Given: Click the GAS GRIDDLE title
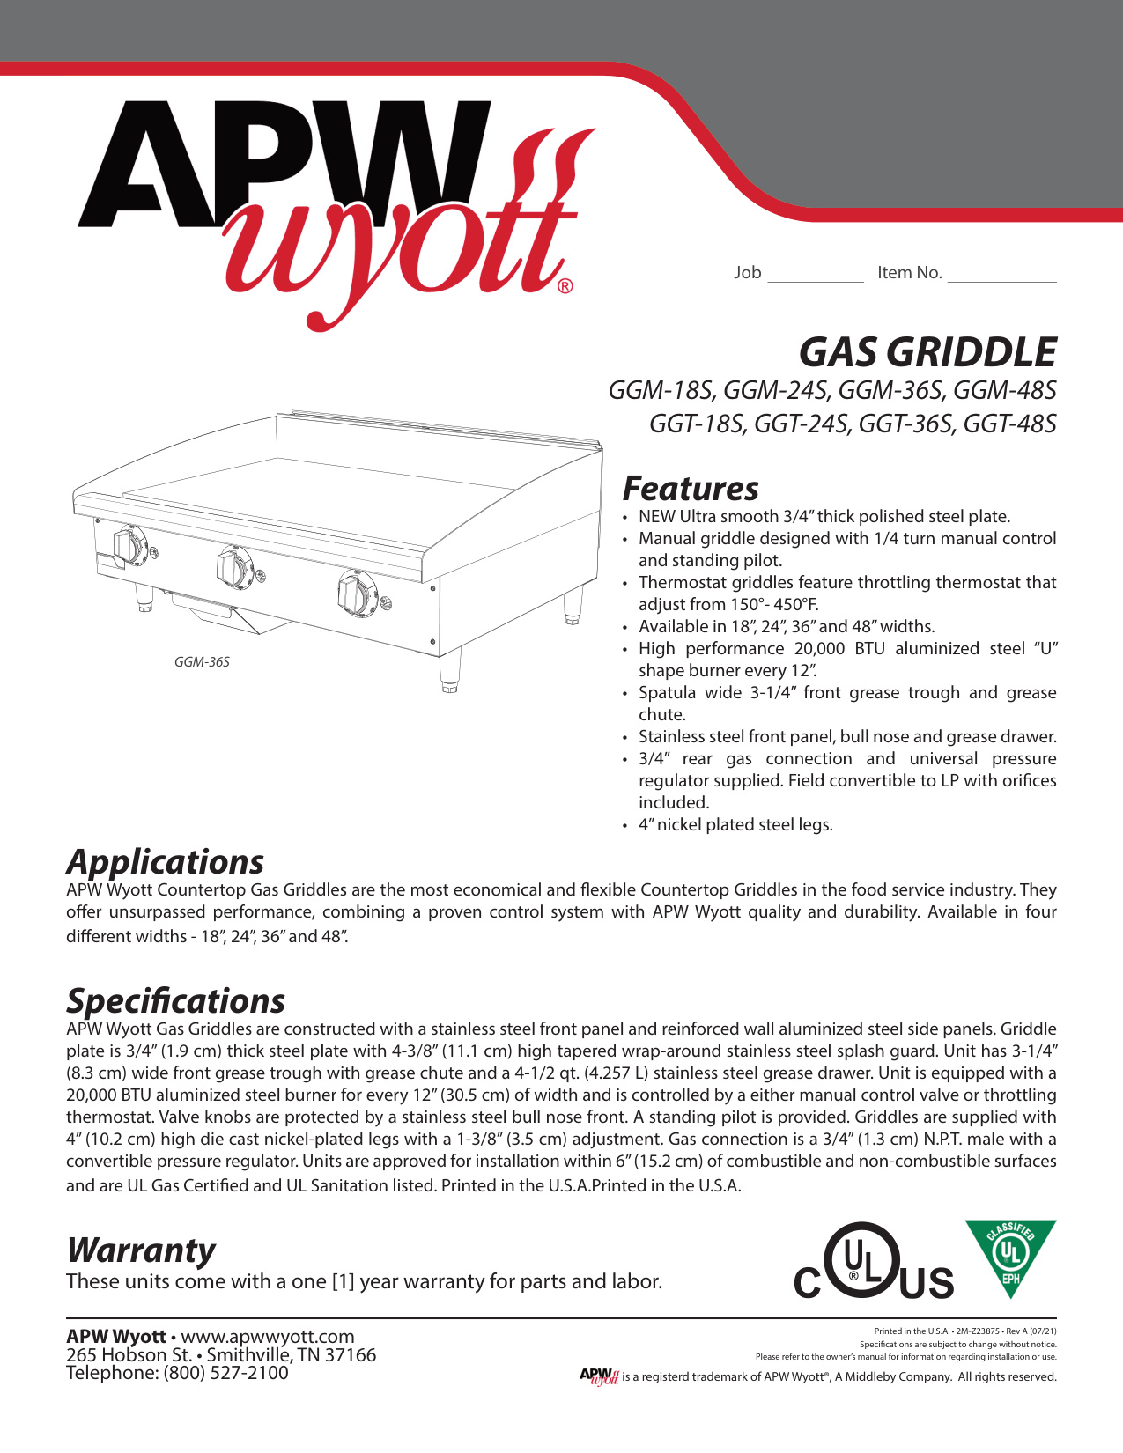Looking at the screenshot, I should pyautogui.click(x=927, y=352).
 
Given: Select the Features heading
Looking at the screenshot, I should pyautogui.click(x=691, y=489).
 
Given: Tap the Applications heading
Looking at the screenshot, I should pyautogui.click(x=165, y=861).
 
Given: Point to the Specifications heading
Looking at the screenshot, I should pyautogui.click(x=175, y=1000).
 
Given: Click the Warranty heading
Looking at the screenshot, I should pyautogui.click(x=141, y=1250).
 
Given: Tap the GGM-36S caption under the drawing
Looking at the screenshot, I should pyautogui.click(x=202, y=661).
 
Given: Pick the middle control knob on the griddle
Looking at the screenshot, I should pyautogui.click(x=235, y=566).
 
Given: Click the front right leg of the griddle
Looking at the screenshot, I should pyautogui.click(x=450, y=674).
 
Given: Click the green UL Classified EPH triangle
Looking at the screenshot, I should pyautogui.click(x=1010, y=1253).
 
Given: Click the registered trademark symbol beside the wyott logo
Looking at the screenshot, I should pyautogui.click(x=565, y=286).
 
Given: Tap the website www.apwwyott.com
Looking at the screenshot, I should pyautogui.click(x=267, y=1337).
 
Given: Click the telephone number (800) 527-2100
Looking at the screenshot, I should pyautogui.click(x=225, y=1373).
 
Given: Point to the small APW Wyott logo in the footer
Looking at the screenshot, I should pyautogui.click(x=599, y=1376).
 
